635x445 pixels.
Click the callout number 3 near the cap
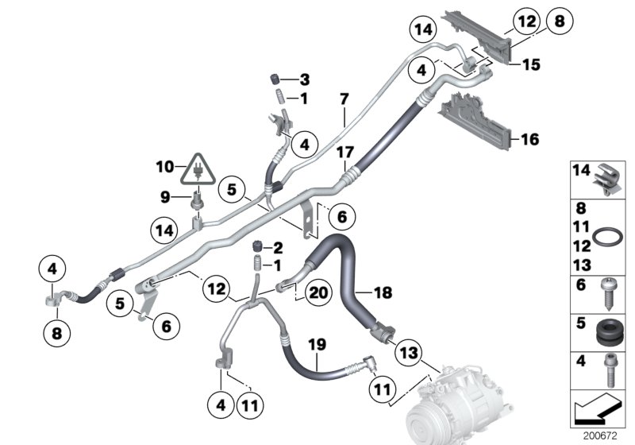coord(304,79)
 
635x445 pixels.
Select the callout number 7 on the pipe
coord(344,99)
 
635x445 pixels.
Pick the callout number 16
coord(529,140)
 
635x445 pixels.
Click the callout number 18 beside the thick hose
coord(382,293)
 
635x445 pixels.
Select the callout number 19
coord(317,345)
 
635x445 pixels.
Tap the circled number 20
coord(318,293)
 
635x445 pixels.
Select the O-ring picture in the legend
coord(609,238)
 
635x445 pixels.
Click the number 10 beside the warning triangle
coord(164,167)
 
